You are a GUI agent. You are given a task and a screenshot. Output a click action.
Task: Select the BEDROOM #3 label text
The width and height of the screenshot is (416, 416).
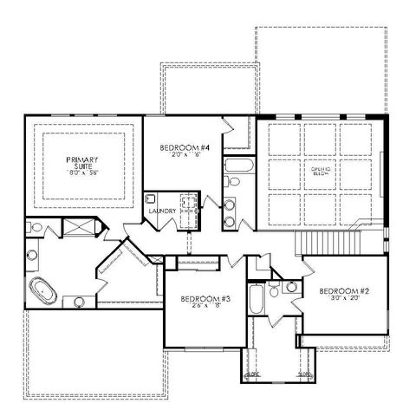pos(204,299)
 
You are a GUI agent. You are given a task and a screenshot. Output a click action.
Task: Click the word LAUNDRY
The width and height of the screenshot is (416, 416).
pos(163,211)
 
